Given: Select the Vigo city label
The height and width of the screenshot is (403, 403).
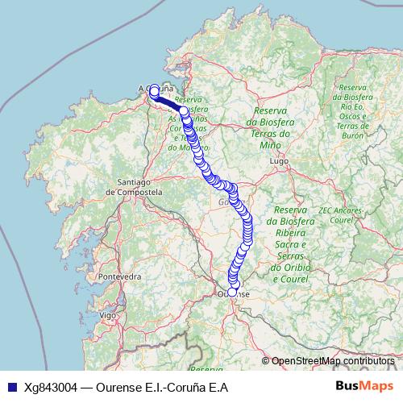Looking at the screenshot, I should click(106, 315).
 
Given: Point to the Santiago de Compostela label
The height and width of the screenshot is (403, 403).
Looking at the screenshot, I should click(134, 188).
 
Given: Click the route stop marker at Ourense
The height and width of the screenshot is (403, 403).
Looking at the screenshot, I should click(233, 293).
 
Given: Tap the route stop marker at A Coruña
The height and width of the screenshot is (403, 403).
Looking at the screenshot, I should click(154, 91).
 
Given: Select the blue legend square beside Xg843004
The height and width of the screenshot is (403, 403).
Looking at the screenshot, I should click(11, 387).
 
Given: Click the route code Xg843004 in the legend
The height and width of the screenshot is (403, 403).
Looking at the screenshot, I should click(52, 387).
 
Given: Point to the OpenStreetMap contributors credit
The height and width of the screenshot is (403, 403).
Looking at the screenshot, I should click(332, 360).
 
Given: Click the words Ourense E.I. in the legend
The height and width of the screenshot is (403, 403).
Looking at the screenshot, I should click(130, 387).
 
